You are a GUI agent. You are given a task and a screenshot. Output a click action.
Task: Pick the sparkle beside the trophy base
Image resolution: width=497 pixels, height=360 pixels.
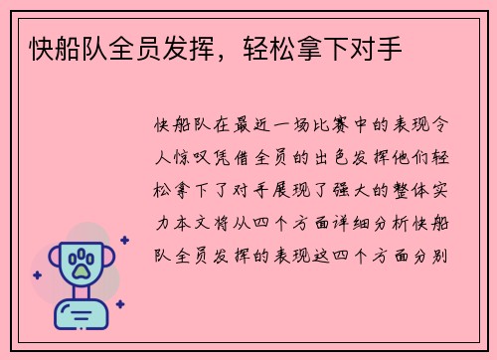[118, 304]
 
